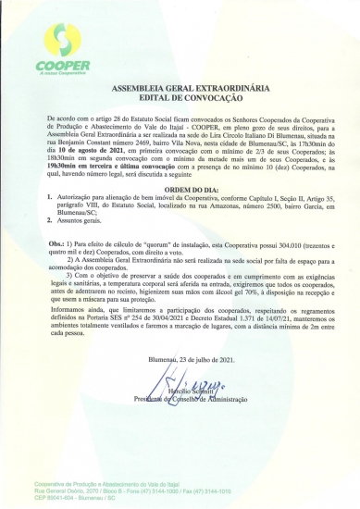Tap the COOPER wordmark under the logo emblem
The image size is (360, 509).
tap(63, 66)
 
